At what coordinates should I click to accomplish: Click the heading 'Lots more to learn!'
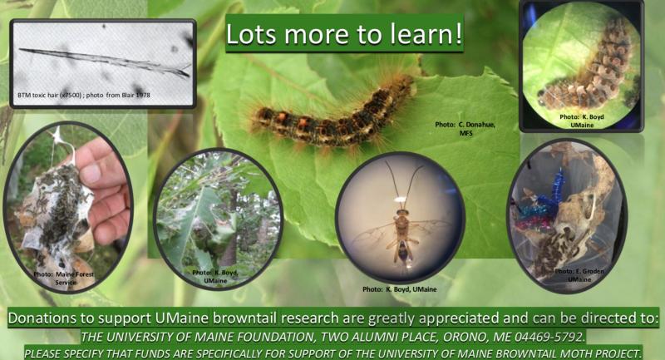click(344, 34)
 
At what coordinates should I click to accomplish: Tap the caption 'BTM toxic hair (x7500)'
click(49, 96)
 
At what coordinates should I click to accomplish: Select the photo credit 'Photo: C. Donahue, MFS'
click(465, 129)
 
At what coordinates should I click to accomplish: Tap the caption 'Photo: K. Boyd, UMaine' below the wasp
click(400, 289)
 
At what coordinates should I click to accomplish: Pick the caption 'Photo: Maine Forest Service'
click(64, 279)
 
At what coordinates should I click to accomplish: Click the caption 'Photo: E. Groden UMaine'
click(579, 275)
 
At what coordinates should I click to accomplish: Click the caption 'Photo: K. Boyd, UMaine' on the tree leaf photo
click(215, 277)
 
